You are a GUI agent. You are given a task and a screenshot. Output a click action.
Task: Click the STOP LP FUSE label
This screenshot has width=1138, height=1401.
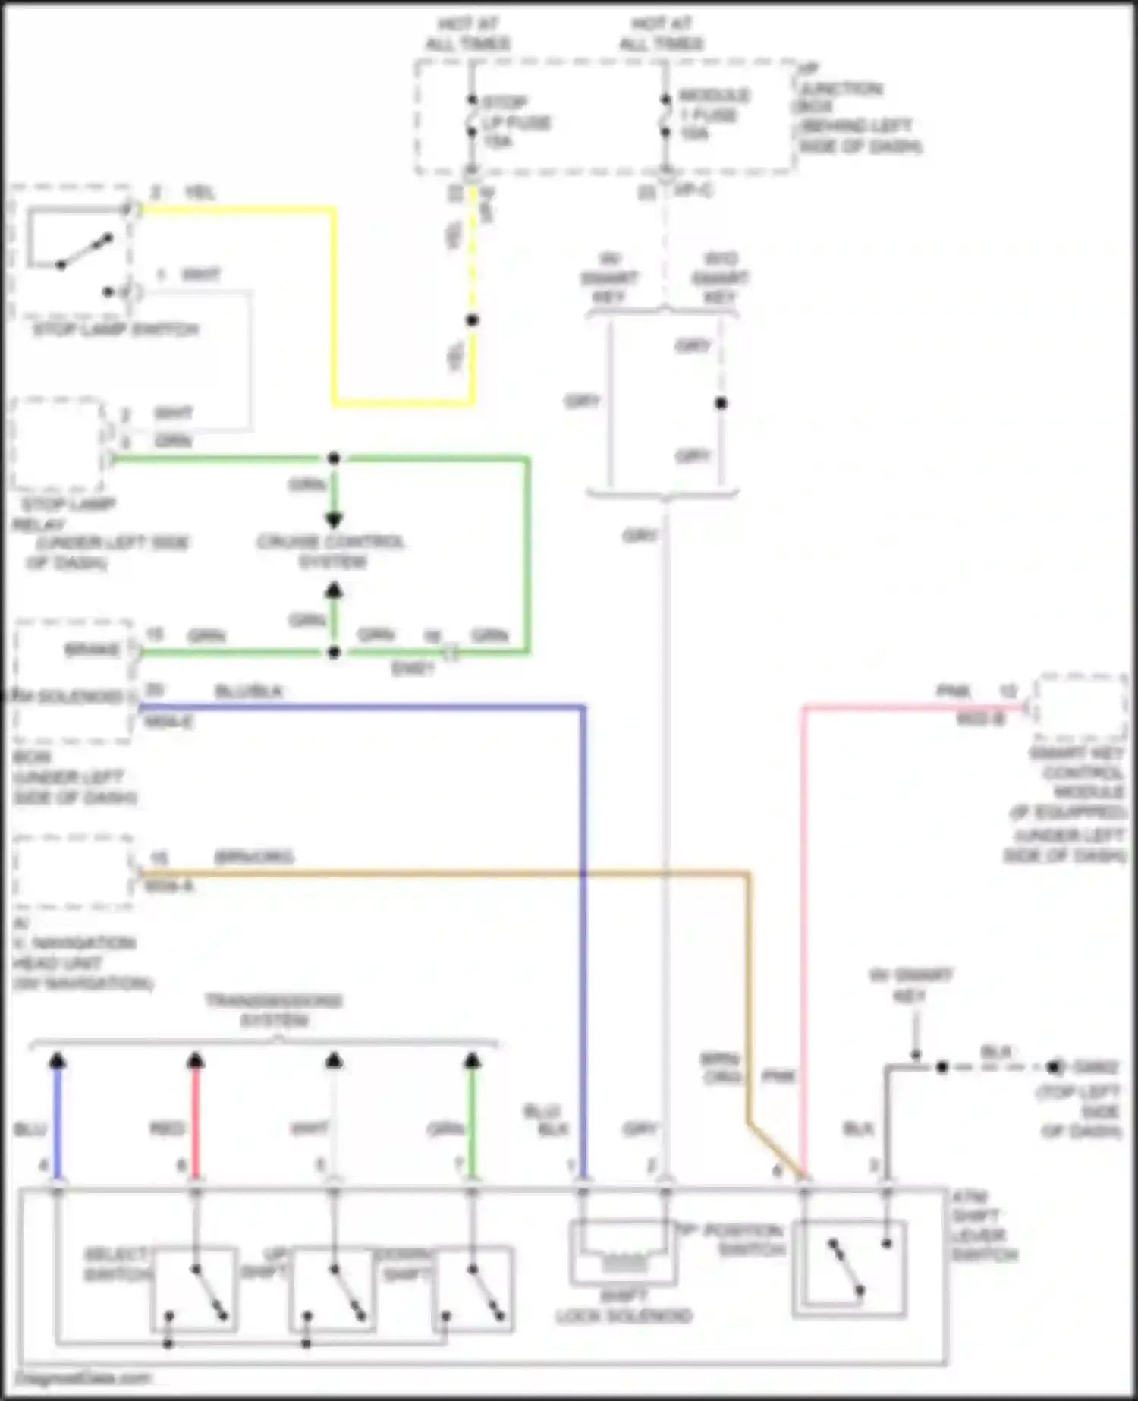[x=516, y=121]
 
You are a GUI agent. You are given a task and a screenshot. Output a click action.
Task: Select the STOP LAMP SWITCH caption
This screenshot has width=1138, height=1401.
[x=115, y=330]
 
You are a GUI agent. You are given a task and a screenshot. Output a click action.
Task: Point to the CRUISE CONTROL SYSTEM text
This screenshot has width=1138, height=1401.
[x=331, y=552]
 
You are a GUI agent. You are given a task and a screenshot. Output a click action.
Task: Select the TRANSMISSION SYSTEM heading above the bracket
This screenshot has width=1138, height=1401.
[x=274, y=1010]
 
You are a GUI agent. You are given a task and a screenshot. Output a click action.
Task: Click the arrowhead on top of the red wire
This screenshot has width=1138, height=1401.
[x=196, y=1061]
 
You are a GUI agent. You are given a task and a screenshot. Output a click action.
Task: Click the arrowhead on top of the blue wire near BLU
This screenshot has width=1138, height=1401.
[x=58, y=1061]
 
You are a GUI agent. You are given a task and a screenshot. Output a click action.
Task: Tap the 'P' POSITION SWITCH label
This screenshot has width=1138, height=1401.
[x=730, y=1239]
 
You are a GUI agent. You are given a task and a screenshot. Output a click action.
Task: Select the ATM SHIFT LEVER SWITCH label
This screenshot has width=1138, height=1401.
[x=984, y=1226]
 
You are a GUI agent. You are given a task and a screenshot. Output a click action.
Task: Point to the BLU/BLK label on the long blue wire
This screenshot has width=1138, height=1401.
[x=248, y=691]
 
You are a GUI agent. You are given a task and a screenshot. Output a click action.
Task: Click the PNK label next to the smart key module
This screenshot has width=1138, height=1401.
[x=954, y=691]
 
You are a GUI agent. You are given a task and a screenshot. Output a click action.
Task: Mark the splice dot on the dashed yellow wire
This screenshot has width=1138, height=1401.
[x=472, y=320]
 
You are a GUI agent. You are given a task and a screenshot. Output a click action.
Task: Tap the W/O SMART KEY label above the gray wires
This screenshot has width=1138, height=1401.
[x=719, y=279]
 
